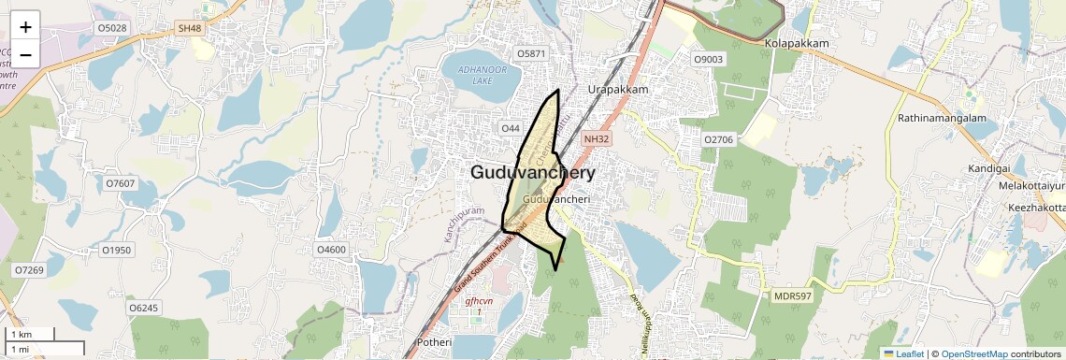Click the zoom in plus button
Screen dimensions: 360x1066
[x=25, y=27]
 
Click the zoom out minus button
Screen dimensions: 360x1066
[x=25, y=55]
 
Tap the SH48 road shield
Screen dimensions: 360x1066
[x=190, y=29]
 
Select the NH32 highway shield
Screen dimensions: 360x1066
[x=597, y=138]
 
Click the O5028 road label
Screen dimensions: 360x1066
[x=111, y=29]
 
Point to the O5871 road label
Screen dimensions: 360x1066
[x=530, y=54]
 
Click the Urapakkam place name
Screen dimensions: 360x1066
[x=618, y=89]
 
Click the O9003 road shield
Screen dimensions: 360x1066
[x=708, y=60]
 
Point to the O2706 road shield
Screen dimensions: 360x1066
[x=718, y=139]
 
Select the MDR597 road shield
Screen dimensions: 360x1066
[x=791, y=296]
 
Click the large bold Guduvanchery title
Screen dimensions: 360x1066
[x=532, y=173]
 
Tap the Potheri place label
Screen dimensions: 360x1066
[x=432, y=343]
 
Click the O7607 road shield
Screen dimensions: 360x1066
[x=121, y=183]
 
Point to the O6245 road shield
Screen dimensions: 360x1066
[x=144, y=308]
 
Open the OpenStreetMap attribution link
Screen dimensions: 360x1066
[x=974, y=353]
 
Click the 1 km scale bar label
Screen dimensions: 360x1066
[x=22, y=335]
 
